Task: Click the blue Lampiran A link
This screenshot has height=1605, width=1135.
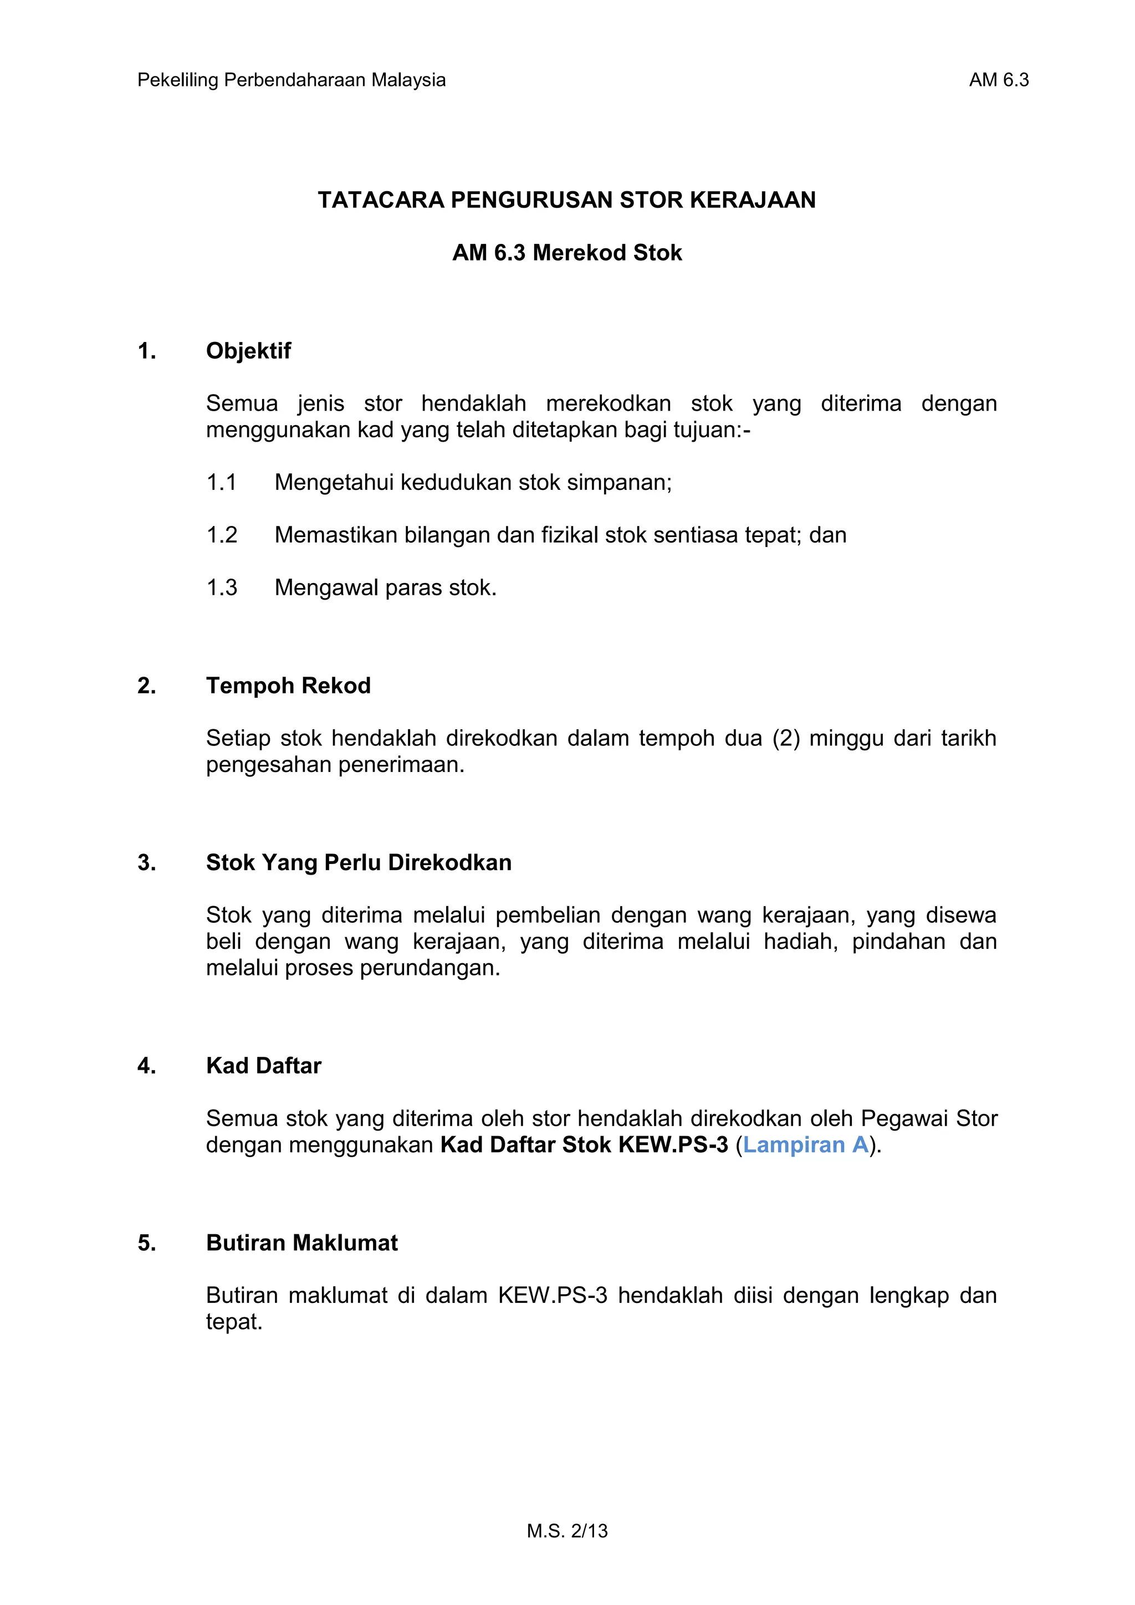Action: click(x=805, y=1145)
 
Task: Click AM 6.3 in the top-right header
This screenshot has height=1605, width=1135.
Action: click(x=998, y=80)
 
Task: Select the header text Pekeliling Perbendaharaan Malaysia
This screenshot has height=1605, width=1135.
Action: click(x=292, y=80)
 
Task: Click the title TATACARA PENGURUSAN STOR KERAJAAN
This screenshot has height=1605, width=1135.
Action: click(x=567, y=200)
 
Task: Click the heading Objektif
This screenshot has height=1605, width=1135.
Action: click(x=248, y=350)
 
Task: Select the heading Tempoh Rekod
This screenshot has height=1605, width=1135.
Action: click(x=288, y=685)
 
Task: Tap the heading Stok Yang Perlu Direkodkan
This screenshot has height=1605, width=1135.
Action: click(x=359, y=862)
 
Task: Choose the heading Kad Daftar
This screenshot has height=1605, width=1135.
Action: click(x=263, y=1065)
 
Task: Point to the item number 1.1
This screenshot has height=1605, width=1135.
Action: click(x=222, y=482)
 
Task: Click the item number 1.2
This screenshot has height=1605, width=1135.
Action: click(x=222, y=535)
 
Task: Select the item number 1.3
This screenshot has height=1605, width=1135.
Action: click(x=222, y=587)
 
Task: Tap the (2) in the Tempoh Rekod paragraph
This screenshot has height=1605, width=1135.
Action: click(x=785, y=738)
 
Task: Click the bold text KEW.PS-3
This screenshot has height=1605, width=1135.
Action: click(x=674, y=1145)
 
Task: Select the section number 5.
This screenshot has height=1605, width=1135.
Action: click(x=146, y=1243)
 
